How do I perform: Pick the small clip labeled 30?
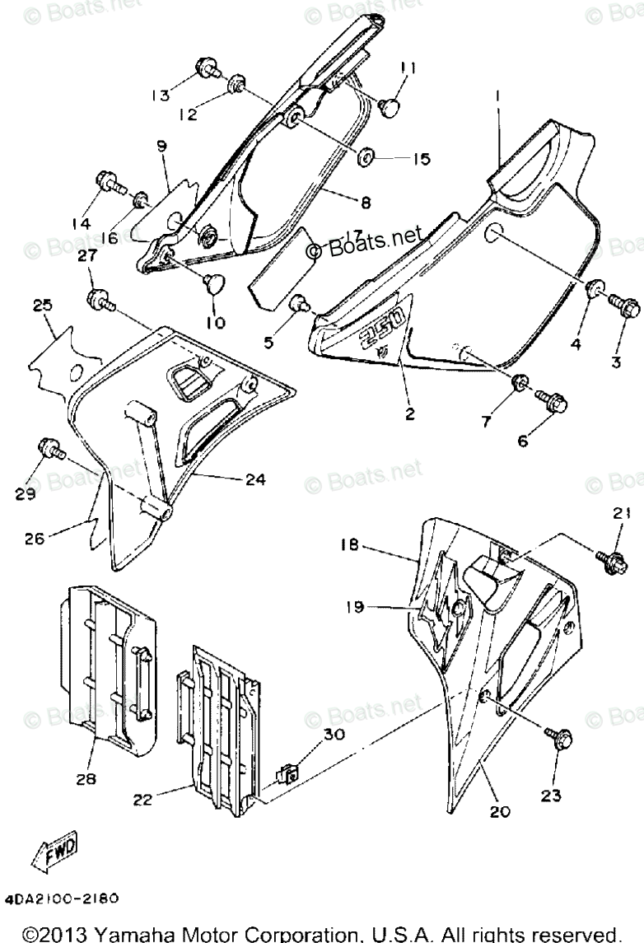[x=287, y=773]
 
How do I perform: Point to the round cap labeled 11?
[x=392, y=105]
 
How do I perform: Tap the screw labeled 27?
[x=98, y=298]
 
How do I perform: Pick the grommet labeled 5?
[x=300, y=306]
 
